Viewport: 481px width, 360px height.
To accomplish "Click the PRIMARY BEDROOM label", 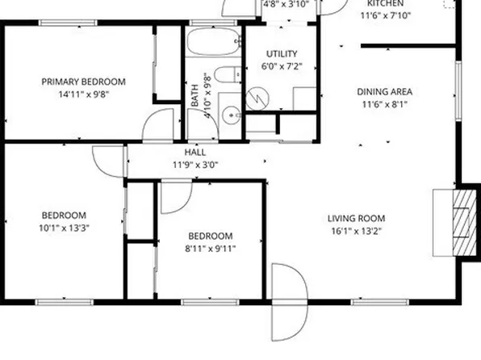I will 84,82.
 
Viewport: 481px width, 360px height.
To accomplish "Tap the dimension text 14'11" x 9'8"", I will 84,94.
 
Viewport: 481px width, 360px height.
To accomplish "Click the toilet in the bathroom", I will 228,76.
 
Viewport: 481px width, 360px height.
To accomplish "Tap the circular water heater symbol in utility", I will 257,98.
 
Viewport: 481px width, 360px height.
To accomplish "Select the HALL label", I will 194,152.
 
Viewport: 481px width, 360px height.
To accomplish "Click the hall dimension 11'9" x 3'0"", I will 194,164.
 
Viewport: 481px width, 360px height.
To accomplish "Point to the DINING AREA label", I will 385,92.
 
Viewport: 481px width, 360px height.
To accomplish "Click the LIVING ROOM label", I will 356,218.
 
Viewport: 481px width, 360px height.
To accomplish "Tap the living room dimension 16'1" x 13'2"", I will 356,230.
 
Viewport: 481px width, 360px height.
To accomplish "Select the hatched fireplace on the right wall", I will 462,222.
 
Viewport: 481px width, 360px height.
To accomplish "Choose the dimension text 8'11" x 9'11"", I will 211,248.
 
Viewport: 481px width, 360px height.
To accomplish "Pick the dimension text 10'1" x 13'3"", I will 65,228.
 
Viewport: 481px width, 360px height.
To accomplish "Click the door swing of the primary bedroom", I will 159,128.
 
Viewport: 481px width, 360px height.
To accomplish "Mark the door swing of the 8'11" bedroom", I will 174,197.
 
